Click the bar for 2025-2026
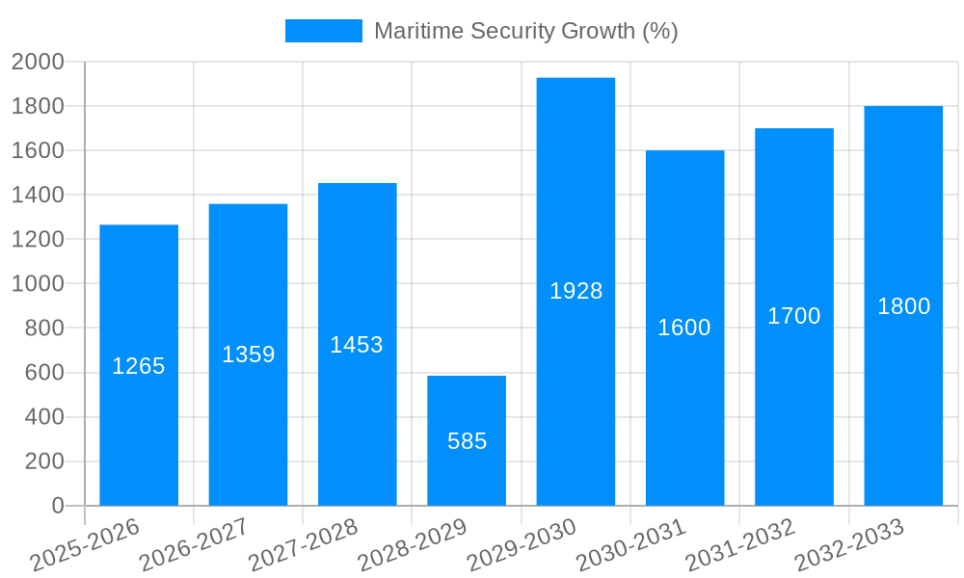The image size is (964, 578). (139, 289)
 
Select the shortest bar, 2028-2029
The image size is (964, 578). (467, 405)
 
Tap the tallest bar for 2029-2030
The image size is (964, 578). (576, 193)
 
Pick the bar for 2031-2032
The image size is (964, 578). (793, 231)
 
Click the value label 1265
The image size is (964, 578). (139, 366)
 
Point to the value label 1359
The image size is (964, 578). (249, 355)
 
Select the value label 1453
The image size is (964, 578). (357, 345)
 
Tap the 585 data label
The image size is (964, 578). (468, 441)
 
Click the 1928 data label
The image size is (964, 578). (576, 291)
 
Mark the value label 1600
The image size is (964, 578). (684, 328)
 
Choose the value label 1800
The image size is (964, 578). (903, 306)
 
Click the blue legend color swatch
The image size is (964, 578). (324, 31)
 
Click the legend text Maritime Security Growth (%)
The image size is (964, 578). (526, 31)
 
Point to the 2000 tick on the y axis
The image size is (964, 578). (38, 62)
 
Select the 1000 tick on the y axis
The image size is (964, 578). (38, 284)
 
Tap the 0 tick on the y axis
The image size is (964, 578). (57, 506)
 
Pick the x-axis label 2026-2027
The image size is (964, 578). (194, 545)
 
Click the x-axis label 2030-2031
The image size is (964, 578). (630, 545)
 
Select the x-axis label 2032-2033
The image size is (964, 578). (849, 545)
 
